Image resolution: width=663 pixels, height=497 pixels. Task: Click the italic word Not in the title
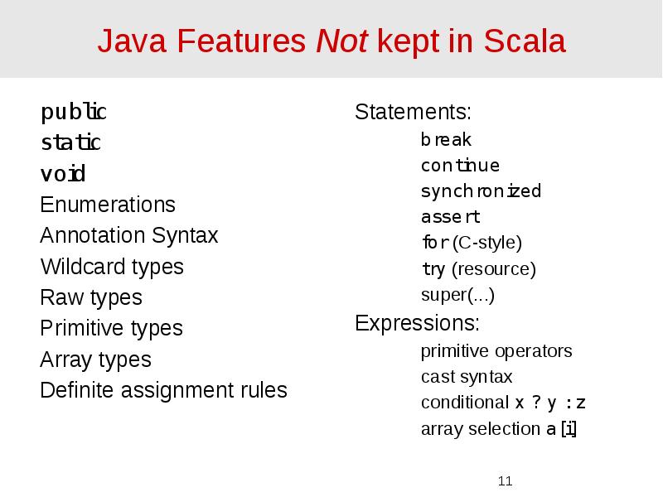[342, 41]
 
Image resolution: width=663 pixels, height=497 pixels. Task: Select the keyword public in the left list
[74, 112]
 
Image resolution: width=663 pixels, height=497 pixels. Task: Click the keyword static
[70, 143]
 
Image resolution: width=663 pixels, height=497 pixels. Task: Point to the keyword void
[63, 175]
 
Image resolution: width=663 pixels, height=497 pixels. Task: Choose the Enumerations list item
[108, 205]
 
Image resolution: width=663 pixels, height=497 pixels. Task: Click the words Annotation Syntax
[129, 236]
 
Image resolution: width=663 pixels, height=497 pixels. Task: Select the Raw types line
[91, 297]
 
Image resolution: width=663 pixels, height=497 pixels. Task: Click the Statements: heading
[413, 112]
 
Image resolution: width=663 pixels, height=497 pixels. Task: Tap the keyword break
[446, 140]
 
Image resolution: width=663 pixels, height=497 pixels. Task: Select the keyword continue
[460, 166]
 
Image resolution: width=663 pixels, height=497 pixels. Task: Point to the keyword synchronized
[481, 191]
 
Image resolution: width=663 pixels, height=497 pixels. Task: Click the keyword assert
[450, 217]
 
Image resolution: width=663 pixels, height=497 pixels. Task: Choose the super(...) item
[458, 295]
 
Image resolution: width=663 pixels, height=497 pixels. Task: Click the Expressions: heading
[417, 322]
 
